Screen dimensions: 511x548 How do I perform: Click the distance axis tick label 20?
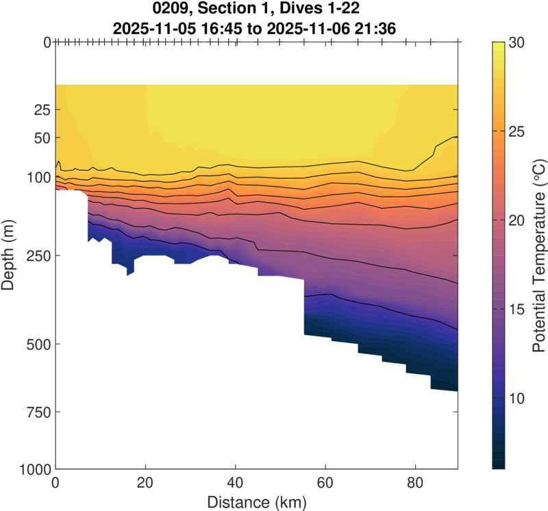point(145,483)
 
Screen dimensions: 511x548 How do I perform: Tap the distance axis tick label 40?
point(235,483)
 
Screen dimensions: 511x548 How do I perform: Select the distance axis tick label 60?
point(325,483)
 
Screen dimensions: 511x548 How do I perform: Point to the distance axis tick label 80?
point(414,483)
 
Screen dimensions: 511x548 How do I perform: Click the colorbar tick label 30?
point(517,42)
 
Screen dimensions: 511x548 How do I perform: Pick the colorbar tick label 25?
point(517,132)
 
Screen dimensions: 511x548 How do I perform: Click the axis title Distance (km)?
point(257,501)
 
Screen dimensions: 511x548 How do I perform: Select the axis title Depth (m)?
point(10,255)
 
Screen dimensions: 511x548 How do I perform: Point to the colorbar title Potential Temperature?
point(539,255)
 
